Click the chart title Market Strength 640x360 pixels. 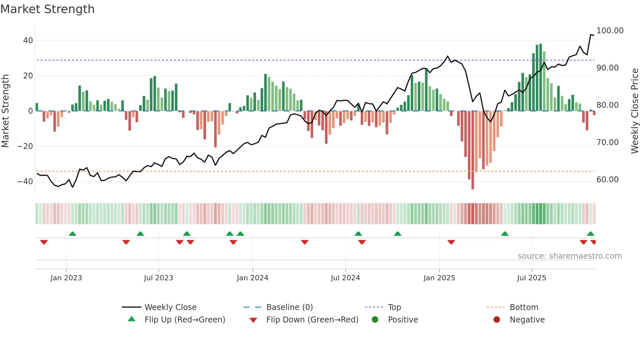[x=47, y=9]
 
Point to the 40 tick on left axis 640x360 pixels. [x=28, y=41]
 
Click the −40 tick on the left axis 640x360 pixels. [x=25, y=182]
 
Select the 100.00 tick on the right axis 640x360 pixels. [x=610, y=31]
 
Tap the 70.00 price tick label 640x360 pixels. [x=607, y=142]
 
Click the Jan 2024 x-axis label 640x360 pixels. [x=252, y=278]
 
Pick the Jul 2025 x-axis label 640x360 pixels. [x=531, y=278]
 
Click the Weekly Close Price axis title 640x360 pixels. [x=634, y=111]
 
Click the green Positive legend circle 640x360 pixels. [x=375, y=320]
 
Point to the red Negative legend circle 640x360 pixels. [x=497, y=320]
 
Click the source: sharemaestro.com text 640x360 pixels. [x=569, y=256]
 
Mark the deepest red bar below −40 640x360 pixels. [x=472, y=150]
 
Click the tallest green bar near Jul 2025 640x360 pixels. [x=540, y=77]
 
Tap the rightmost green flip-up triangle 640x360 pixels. [x=590, y=234]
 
